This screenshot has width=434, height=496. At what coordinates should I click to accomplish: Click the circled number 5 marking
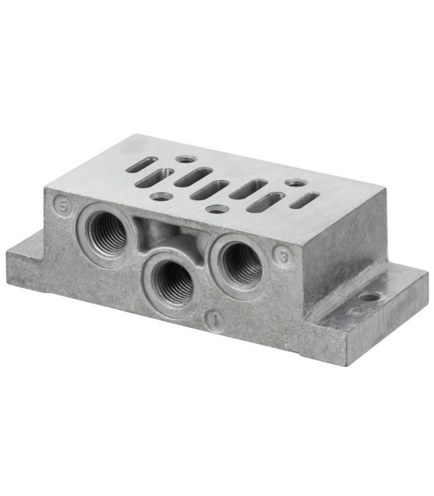[x=63, y=206]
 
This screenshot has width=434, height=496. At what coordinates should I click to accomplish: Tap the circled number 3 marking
[x=283, y=257]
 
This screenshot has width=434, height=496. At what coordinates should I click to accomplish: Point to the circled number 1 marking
[x=215, y=321]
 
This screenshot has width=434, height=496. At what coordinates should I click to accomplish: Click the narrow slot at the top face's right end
[x=304, y=200]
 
